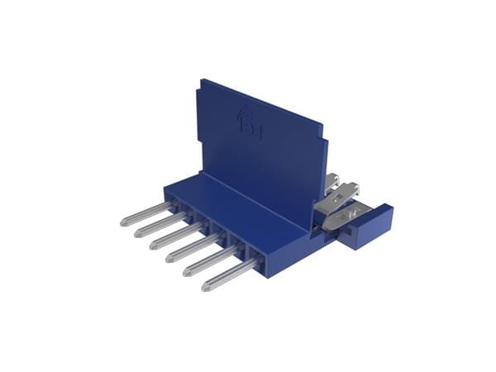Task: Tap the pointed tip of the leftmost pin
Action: (124, 221)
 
